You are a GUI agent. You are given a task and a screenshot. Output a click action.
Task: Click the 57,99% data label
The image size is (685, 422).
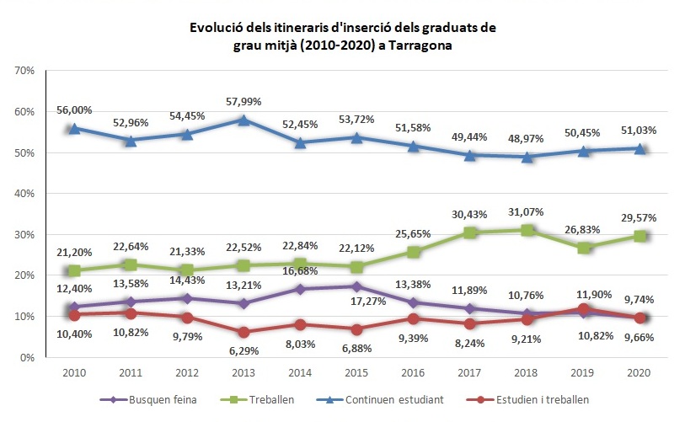pyautogui.click(x=243, y=101)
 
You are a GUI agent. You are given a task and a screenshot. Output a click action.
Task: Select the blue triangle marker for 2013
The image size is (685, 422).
pyautogui.click(x=243, y=120)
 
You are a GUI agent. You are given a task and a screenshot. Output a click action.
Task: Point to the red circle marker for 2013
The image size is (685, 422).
pyautogui.click(x=243, y=332)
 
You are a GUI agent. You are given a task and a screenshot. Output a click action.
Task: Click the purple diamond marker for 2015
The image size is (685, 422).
pyautogui.click(x=356, y=286)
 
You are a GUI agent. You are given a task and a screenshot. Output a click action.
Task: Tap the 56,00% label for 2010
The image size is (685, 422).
pyautogui.click(x=75, y=110)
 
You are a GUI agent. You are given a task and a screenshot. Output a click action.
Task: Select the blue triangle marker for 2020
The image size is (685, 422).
pyautogui.click(x=640, y=148)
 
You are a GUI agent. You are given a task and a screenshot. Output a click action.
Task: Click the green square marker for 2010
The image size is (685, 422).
pyautogui.click(x=74, y=271)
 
